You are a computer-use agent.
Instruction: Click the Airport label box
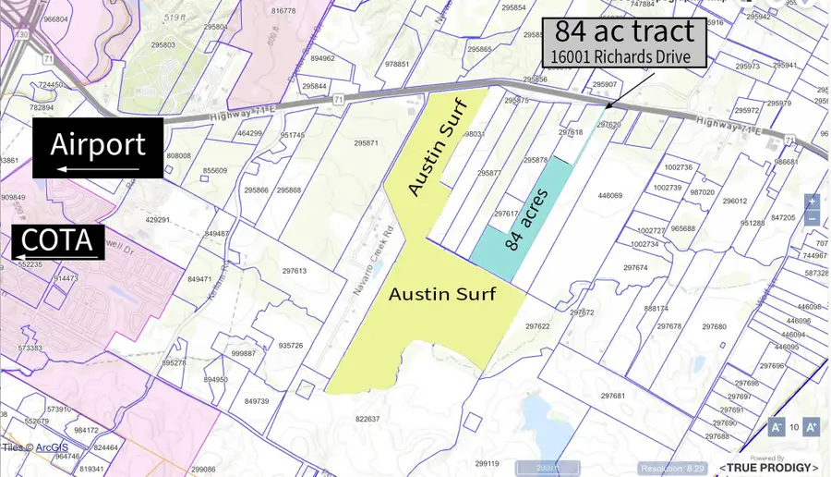pyautogui.click(x=98, y=148)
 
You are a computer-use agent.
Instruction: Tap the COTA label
pyautogui.click(x=56, y=241)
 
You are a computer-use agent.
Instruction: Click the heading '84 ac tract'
pyautogui.click(x=623, y=31)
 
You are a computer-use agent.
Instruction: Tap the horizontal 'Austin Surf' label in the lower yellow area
pyautogui.click(x=442, y=294)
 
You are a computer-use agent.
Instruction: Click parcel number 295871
pyautogui.click(x=366, y=143)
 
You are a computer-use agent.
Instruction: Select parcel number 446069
pyautogui.click(x=610, y=196)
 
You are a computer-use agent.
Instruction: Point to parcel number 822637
pyautogui.click(x=367, y=419)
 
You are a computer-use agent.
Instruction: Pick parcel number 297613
pyautogui.click(x=294, y=271)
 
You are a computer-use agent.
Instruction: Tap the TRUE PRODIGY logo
pyautogui.click(x=768, y=467)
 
